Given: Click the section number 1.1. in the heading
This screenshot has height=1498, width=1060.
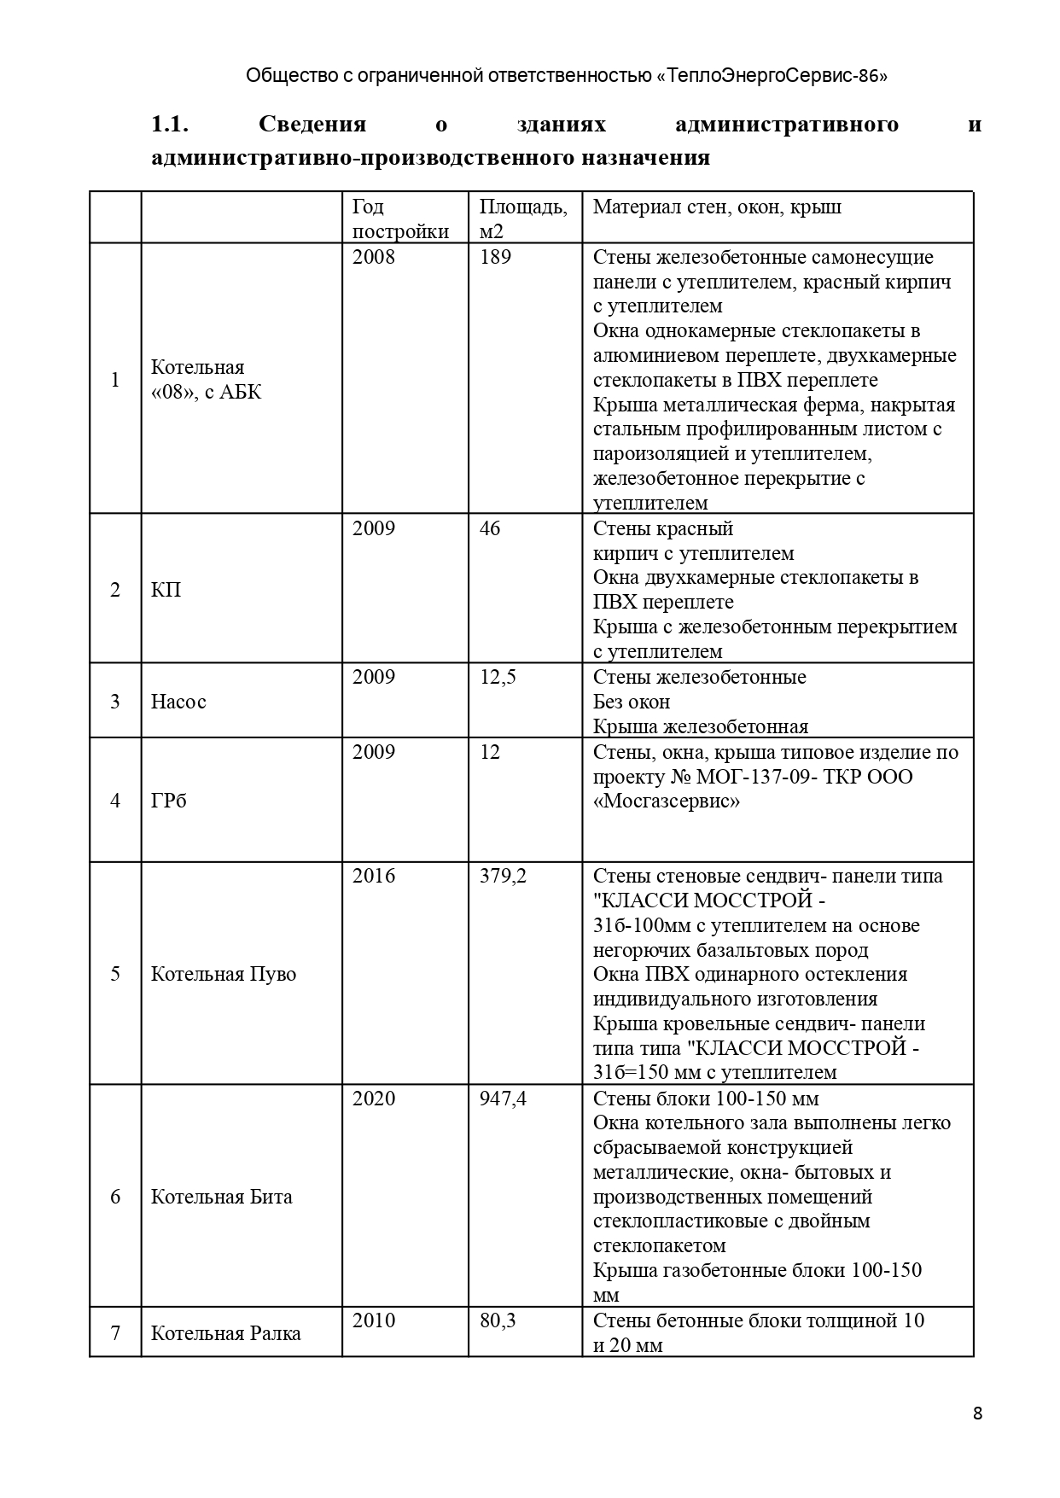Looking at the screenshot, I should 169,125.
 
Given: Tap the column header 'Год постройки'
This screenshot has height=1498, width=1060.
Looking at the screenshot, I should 400,219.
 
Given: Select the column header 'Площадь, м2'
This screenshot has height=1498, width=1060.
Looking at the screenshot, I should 522,219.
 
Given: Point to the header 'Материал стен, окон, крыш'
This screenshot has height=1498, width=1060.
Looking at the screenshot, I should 717,207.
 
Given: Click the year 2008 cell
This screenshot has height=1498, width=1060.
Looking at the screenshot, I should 374,257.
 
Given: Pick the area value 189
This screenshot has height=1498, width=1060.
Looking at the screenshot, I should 495,257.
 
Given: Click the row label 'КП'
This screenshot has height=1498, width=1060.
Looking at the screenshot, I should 166,590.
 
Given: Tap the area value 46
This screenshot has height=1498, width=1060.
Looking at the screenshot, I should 490,528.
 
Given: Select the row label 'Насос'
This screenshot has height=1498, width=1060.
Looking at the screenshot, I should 178,702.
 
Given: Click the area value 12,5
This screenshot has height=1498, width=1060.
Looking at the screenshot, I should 498,677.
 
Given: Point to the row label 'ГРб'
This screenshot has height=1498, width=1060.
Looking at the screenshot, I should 168,801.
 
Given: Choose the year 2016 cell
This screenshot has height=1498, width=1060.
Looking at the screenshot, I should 374,876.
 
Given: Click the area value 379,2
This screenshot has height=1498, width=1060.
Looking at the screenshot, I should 503,876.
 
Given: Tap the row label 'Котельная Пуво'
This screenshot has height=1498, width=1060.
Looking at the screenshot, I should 224,974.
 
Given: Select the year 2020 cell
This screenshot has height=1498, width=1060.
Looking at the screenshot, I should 374,1098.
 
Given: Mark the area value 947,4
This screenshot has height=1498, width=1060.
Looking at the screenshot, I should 503,1098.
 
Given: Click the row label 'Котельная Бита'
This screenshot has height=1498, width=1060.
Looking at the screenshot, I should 222,1197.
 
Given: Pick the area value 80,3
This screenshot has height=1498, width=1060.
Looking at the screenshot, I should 498,1320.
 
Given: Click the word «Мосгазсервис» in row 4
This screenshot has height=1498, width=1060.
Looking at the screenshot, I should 667,801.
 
